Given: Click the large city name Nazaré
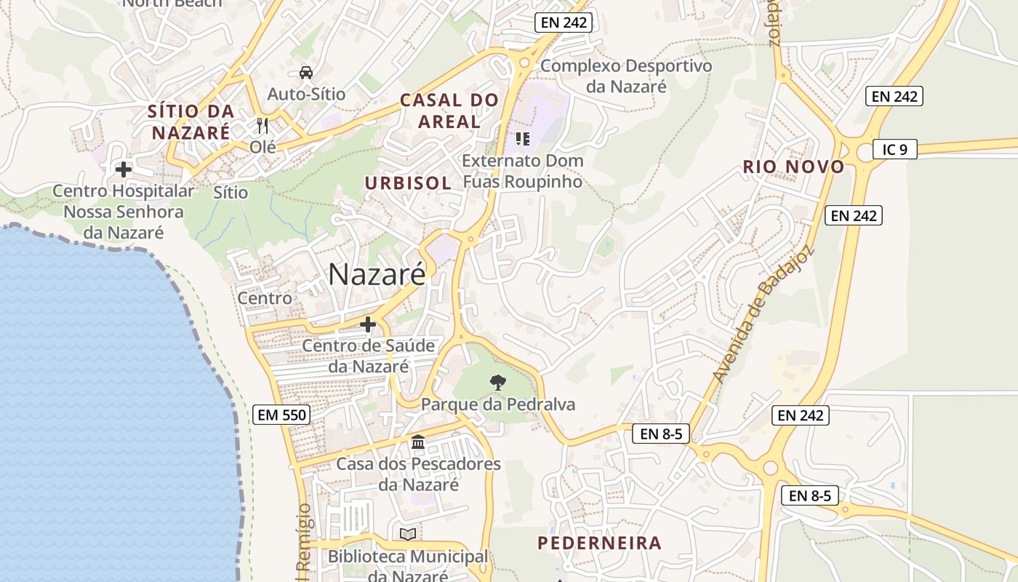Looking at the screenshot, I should [377, 274].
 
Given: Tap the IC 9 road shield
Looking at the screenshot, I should [894, 149].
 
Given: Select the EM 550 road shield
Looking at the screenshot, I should [282, 415].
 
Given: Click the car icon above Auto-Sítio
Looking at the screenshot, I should [306, 72].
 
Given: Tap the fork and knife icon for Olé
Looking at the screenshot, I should [262, 126].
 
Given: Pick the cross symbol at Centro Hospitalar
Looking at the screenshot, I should [124, 170].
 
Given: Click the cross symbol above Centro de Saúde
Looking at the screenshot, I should [368, 324].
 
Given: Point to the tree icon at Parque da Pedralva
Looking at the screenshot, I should [498, 382].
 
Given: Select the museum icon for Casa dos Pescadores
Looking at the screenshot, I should [418, 442].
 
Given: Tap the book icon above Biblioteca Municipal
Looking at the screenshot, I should [408, 535].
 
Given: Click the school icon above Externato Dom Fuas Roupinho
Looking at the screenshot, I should [522, 138].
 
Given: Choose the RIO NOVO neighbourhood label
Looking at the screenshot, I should [793, 167].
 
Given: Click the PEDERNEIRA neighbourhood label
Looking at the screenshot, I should [600, 543].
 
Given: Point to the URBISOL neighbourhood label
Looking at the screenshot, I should [408, 183].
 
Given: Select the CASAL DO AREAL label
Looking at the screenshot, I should [450, 111].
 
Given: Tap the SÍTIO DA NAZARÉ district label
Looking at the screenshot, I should [191, 122].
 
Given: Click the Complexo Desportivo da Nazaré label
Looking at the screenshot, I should [626, 76].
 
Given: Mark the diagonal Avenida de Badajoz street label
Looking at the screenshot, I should [763, 317].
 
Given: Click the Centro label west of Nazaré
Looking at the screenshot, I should [265, 298].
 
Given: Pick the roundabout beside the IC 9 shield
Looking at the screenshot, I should [865, 151].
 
